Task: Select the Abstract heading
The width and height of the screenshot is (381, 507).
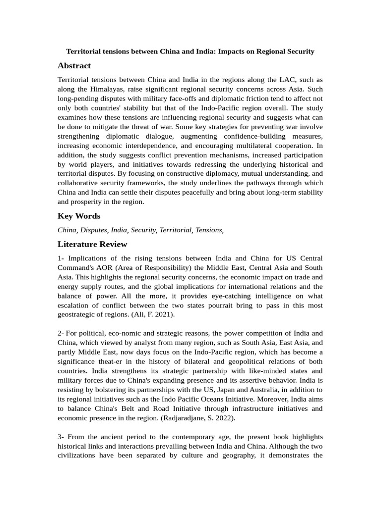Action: coord(74,66)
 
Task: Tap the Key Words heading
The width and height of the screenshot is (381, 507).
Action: coord(79,216)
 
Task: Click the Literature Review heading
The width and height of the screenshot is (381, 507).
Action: coord(92,244)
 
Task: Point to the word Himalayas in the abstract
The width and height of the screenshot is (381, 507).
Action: coord(108,89)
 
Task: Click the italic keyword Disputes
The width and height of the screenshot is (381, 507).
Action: coord(94,230)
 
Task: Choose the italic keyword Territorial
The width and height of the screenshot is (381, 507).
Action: coord(176,230)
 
